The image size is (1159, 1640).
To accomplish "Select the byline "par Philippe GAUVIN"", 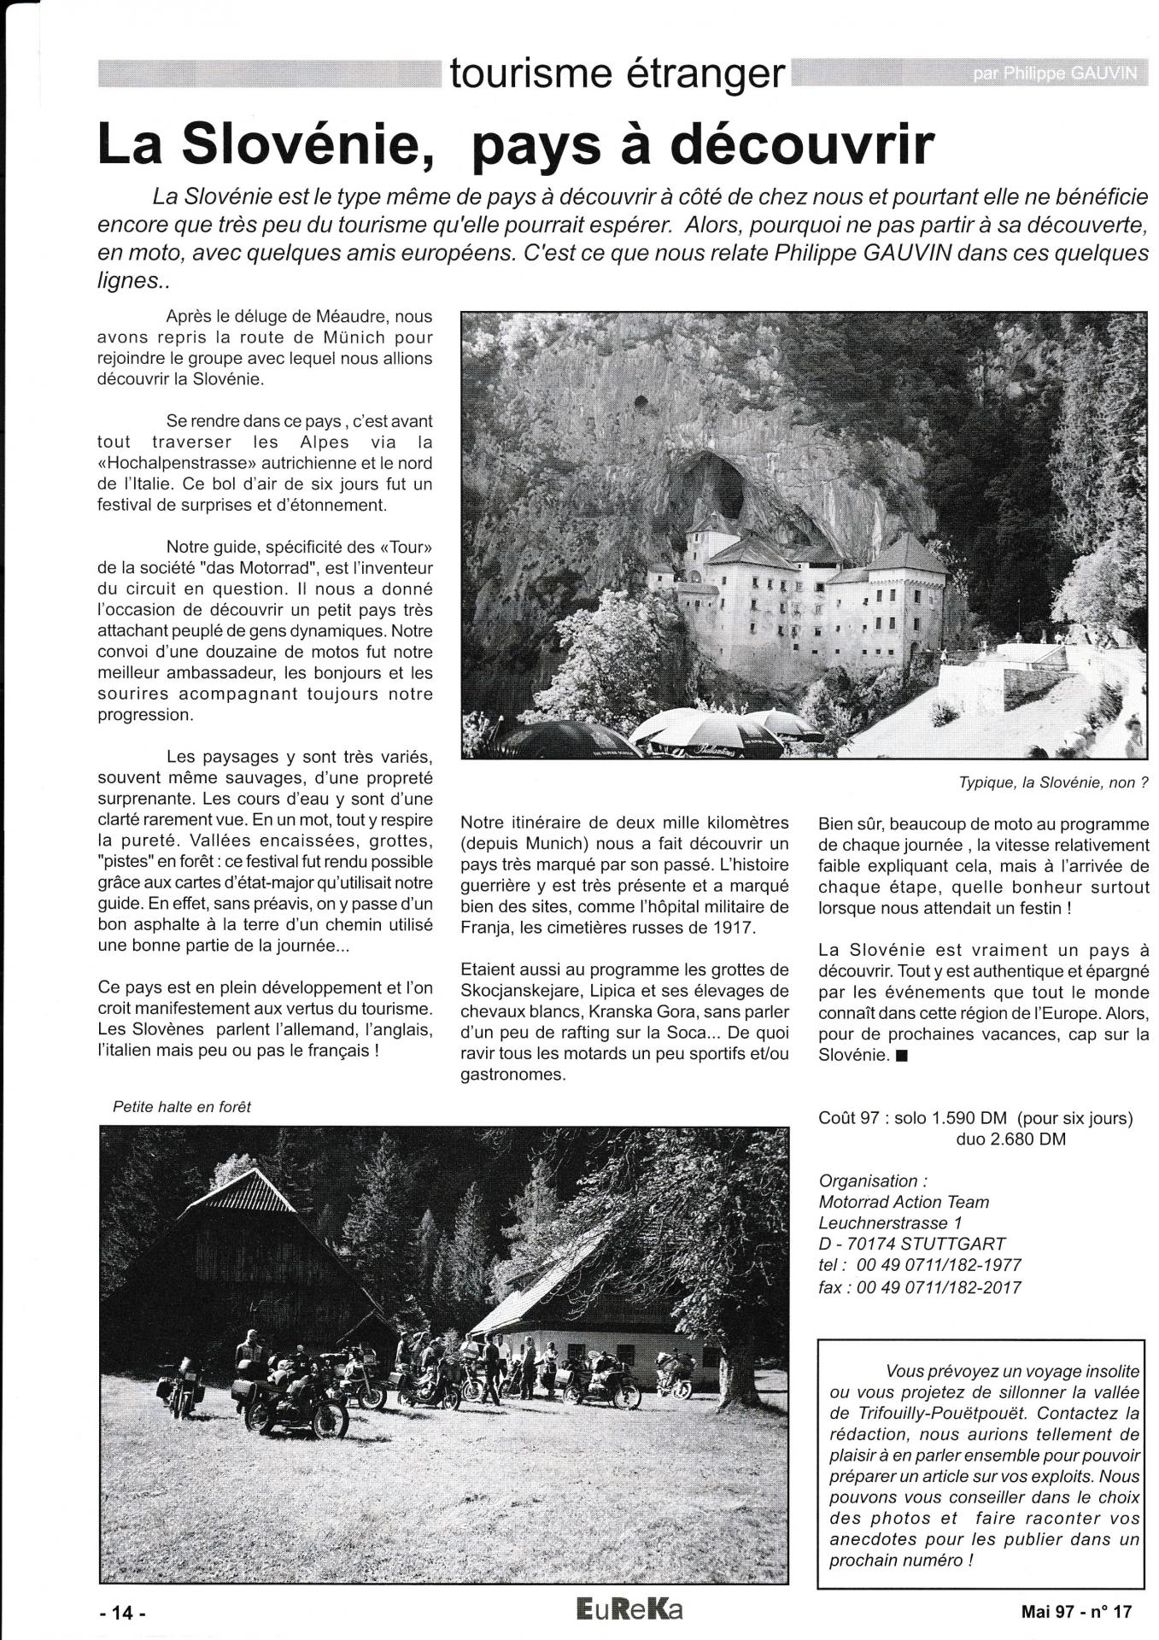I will pos(1054,74).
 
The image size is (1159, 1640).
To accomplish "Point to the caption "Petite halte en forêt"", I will pos(182,1106).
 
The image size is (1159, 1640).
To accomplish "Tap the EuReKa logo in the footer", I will pos(629,1610).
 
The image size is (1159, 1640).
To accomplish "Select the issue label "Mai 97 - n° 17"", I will pos(1075,1612).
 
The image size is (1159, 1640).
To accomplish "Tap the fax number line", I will pos(920,1286).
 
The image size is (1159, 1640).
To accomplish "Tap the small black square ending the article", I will pos(904,1055).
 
